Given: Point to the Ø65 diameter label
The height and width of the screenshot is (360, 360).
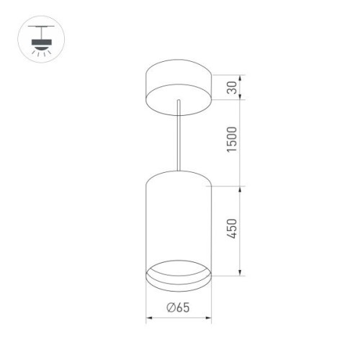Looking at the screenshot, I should pyautogui.click(x=178, y=307).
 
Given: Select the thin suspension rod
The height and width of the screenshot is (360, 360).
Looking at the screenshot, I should pyautogui.click(x=177, y=137).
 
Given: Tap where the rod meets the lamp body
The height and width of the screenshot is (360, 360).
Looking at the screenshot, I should pyautogui.click(x=177, y=171).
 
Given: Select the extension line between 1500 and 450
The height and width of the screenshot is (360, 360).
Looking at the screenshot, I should pyautogui.click(x=223, y=186).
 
